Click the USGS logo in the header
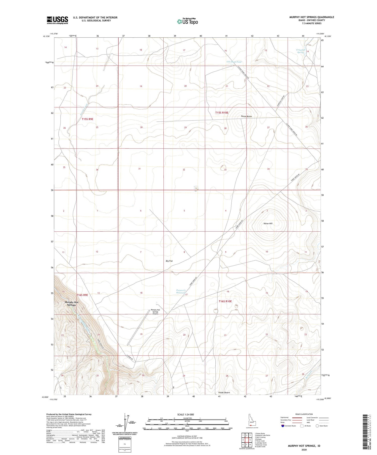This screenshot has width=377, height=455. pyautogui.click(x=57, y=20)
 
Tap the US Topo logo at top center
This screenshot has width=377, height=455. pyautogui.click(x=187, y=22)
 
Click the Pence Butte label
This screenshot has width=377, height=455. pyautogui.click(x=246, y=116)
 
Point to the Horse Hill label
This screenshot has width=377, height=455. pyautogui.click(x=268, y=223)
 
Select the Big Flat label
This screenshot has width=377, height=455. pyautogui.click(x=169, y=261)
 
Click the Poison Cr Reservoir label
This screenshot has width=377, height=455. pyautogui.click(x=180, y=292)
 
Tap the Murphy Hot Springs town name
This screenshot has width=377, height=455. pyautogui.click(x=72, y=304)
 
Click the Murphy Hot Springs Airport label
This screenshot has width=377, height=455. pyautogui.click(x=155, y=312)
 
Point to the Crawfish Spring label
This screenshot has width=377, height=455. pyautogui.click(x=301, y=51)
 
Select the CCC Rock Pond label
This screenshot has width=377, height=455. pyautogui.click(x=234, y=62)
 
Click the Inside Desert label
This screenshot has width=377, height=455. pyautogui.click(x=224, y=393)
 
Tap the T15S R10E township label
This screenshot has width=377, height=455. pyautogui.click(x=222, y=113)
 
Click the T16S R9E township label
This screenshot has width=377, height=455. pyautogui.click(x=82, y=295)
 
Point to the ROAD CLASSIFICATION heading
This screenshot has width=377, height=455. pyautogui.click(x=304, y=414)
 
